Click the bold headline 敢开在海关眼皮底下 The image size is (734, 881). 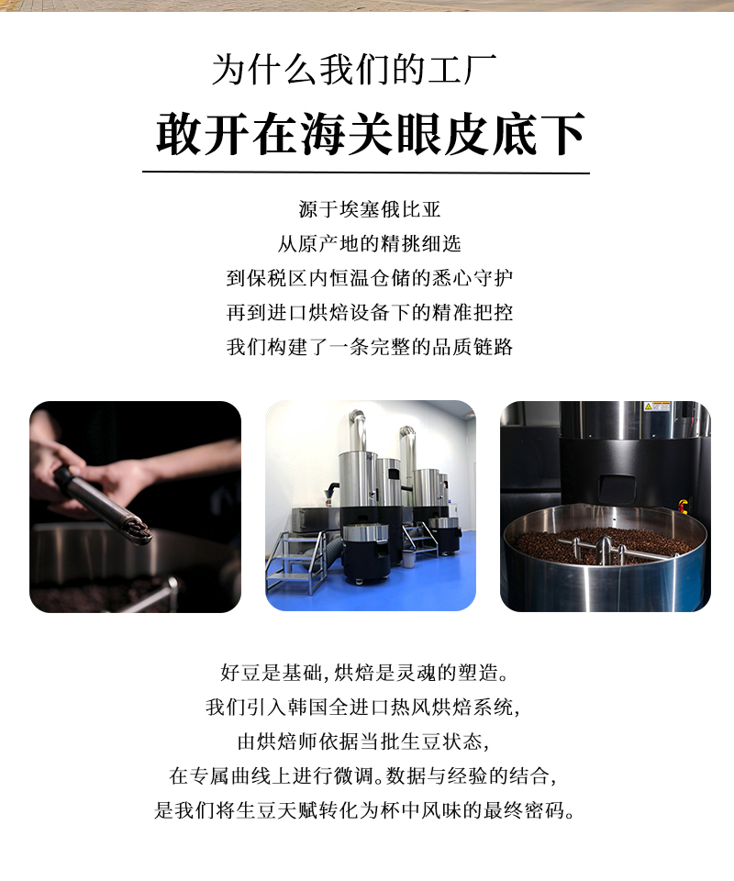(371, 134)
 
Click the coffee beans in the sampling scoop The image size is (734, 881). (139, 530)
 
